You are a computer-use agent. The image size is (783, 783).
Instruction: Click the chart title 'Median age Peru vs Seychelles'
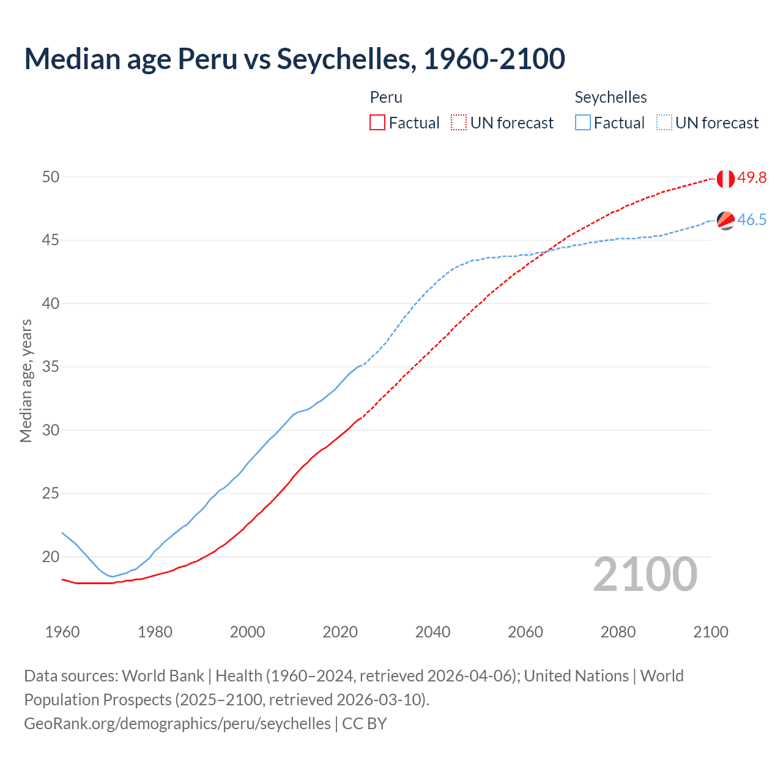294,59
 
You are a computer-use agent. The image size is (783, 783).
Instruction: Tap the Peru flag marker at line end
725,179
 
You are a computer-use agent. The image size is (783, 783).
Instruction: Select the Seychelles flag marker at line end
725,220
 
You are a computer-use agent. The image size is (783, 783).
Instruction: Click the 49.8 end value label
752,178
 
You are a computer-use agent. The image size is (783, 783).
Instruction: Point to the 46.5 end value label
752,220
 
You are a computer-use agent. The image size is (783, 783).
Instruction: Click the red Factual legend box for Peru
377,123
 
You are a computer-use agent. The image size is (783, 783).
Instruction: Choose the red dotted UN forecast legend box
459,123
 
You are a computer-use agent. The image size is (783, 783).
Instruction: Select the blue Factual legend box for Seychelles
583,123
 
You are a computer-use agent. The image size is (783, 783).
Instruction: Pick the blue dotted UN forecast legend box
664,123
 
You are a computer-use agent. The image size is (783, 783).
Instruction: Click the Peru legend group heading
386,97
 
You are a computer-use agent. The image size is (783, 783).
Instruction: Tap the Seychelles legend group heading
610,97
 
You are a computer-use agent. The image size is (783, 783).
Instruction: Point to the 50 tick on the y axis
51,177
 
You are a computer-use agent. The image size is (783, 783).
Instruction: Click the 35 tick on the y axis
51,367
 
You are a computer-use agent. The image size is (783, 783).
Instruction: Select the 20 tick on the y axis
51,557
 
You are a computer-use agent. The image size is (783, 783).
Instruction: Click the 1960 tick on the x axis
62,632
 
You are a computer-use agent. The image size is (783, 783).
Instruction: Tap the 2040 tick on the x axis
432,632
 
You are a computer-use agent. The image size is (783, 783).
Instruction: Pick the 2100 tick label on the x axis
710,632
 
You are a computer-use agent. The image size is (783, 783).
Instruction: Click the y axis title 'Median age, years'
26,380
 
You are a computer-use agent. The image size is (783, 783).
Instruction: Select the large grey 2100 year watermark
645,574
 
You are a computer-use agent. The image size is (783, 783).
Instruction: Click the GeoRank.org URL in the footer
177,724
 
